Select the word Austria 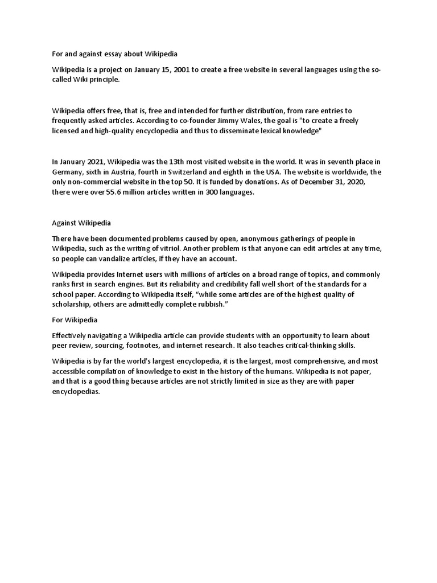[143, 172]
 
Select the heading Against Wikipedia [85, 223]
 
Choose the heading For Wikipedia [75, 320]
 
